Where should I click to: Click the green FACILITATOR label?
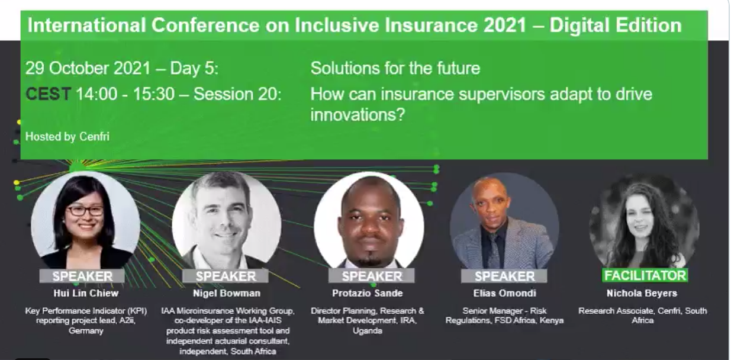(x=645, y=275)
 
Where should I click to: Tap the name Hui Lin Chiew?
(x=86, y=293)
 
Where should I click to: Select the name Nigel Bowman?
(x=227, y=293)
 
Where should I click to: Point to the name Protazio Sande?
(x=368, y=293)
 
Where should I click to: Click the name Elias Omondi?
(x=504, y=293)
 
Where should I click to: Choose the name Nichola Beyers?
(x=642, y=293)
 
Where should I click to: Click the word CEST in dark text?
(x=49, y=94)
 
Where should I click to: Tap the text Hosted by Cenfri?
(x=67, y=136)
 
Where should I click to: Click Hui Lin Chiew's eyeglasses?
(x=85, y=211)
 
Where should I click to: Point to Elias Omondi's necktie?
(x=494, y=250)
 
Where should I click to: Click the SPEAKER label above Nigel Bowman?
(x=226, y=276)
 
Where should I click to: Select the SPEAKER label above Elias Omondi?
(x=504, y=276)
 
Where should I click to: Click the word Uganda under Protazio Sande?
(x=368, y=330)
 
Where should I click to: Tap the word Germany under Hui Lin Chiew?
(x=86, y=330)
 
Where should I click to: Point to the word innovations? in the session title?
(x=358, y=114)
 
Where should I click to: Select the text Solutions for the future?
(x=395, y=68)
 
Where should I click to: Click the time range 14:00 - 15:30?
(x=125, y=94)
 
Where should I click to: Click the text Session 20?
(x=237, y=94)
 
